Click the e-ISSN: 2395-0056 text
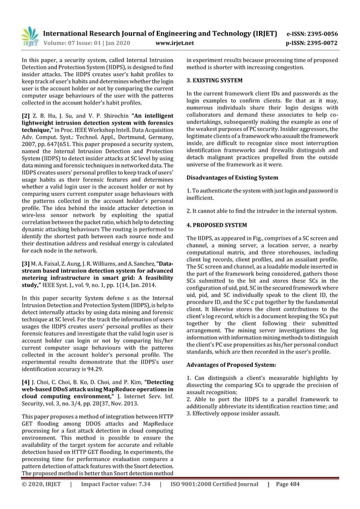pos(320,33)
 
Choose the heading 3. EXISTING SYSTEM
pos(215,81)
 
